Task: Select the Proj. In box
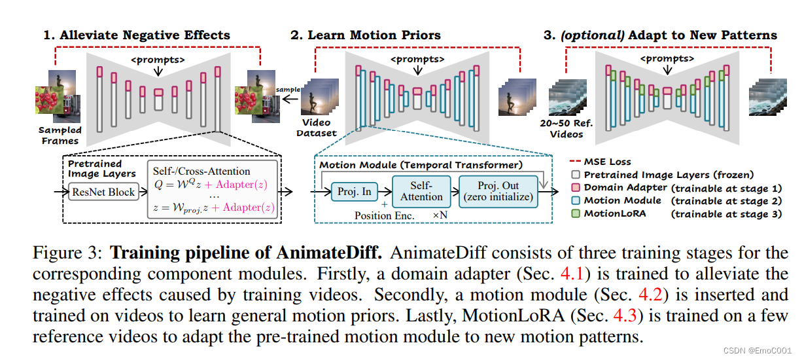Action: tap(355, 191)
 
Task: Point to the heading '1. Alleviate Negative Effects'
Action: tap(137, 35)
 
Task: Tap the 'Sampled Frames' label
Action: tap(60, 135)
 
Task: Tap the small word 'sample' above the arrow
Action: tap(288, 89)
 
